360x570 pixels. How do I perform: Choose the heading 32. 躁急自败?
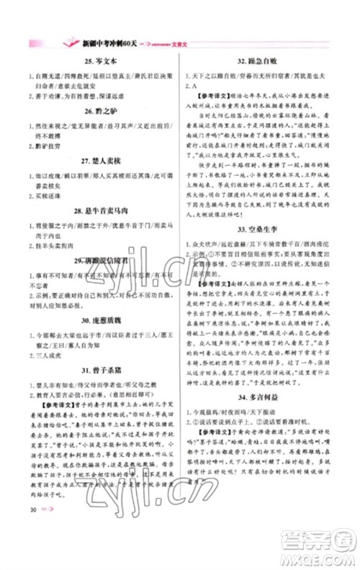(261, 62)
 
